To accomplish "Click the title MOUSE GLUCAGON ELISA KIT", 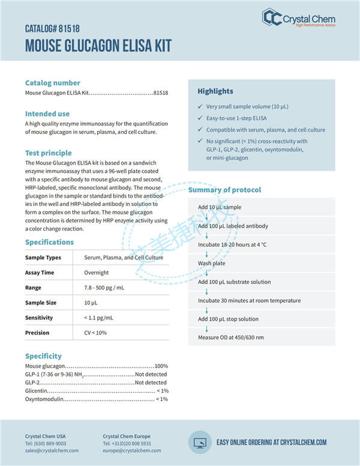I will (x=98, y=46).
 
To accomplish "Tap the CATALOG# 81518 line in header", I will (x=52, y=28).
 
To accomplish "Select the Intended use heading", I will (x=47, y=113).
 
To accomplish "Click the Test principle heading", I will (x=48, y=153).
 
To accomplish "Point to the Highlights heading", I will (x=215, y=91).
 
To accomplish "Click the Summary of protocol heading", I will (x=224, y=190).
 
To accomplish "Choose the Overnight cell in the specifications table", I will (x=96, y=273).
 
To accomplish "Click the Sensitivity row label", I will (x=39, y=318).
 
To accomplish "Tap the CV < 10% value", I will (x=95, y=333).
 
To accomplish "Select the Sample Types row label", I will (x=43, y=258).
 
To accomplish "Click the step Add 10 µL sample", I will (x=220, y=207).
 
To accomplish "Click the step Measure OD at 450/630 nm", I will (x=230, y=337).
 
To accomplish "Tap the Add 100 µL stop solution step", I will (x=228, y=319).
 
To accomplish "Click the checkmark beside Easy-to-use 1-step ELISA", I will (x=200, y=118).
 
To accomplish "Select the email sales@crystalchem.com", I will (x=52, y=450).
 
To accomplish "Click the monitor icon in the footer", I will (x=200, y=442).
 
